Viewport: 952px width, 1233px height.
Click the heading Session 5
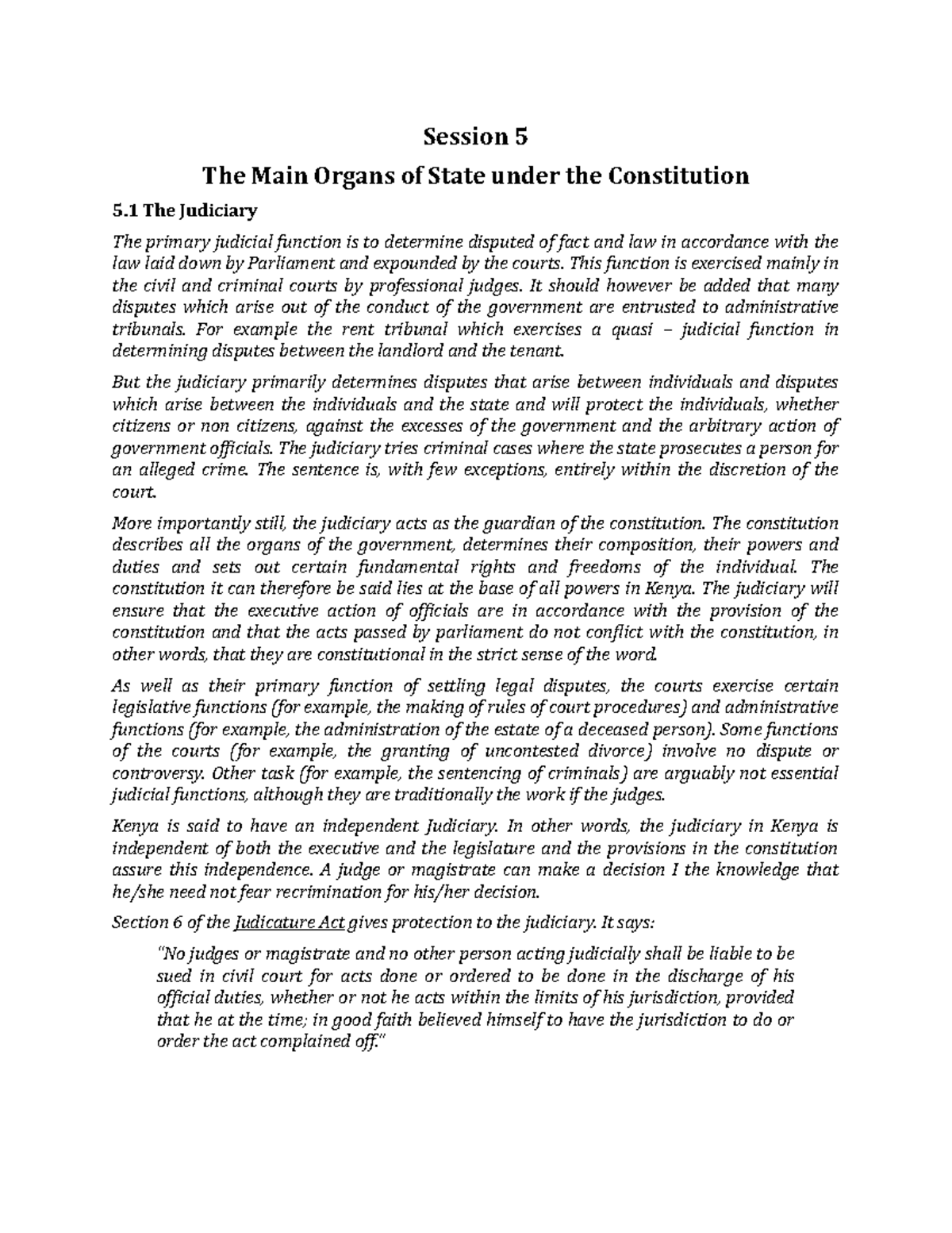475,137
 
